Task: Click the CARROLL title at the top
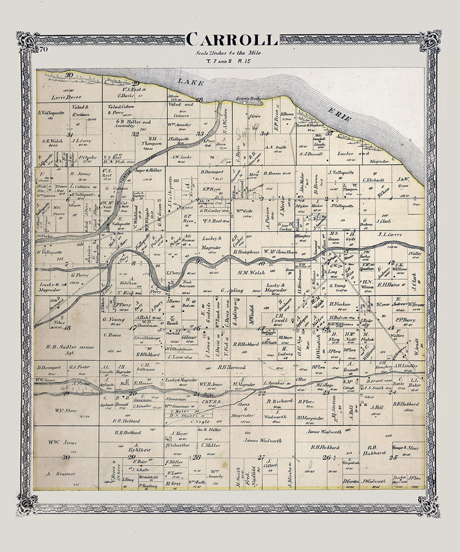coord(232,39)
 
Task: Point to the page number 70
coord(43,50)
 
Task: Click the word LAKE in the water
coord(190,82)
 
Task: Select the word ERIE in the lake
coord(340,115)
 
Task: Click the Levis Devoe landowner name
coord(66,97)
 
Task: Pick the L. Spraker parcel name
coord(273,383)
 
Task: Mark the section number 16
coord(197,328)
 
